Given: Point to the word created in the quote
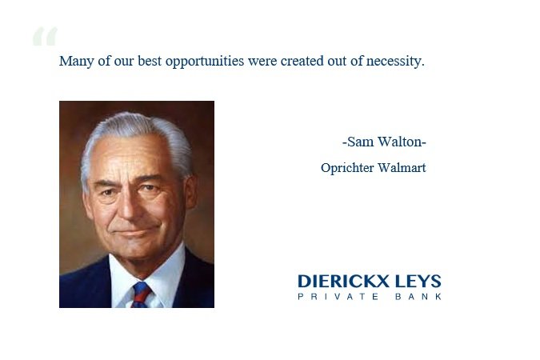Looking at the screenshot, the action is (x=302, y=61).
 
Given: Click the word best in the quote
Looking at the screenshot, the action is (x=150, y=61).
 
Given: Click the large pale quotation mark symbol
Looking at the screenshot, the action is (x=45, y=36).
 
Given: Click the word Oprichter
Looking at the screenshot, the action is (x=347, y=168).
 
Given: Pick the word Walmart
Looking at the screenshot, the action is (x=402, y=168).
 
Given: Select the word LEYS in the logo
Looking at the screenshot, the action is (x=418, y=281).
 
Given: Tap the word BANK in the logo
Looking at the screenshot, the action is (x=418, y=297).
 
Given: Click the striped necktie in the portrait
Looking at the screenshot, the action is (x=141, y=295).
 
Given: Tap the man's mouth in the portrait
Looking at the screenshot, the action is (x=135, y=232).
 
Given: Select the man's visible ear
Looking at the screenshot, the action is (x=190, y=193).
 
